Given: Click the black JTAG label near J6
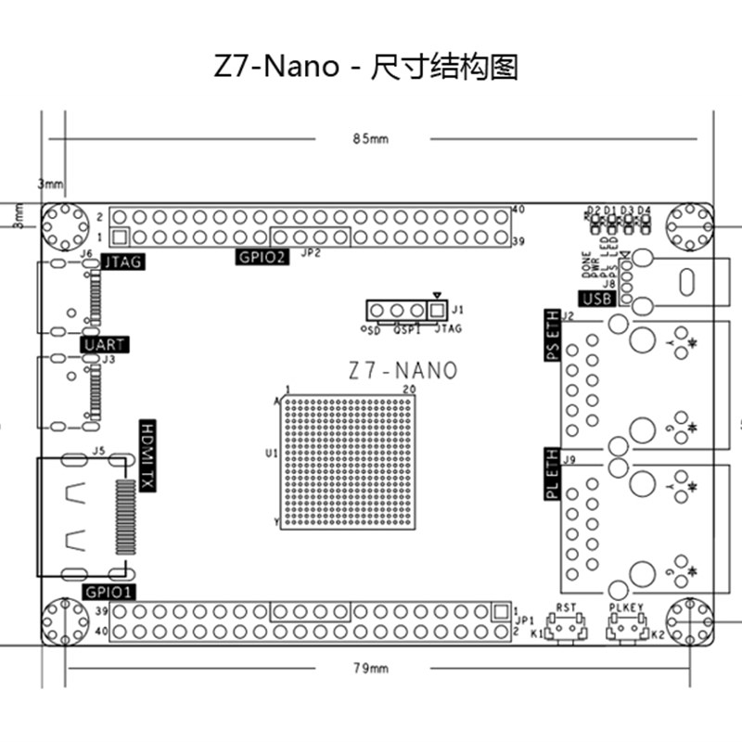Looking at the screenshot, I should (123, 262).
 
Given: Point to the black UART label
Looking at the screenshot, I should (103, 345).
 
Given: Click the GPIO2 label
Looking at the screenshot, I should (262, 257).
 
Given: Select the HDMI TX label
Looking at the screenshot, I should (147, 455).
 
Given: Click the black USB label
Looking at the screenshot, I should (596, 299).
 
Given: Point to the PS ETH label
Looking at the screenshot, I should (551, 337).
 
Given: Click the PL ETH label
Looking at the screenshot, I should (551, 475).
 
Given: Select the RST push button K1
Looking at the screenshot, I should (566, 629).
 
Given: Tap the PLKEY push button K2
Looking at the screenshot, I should (627, 629).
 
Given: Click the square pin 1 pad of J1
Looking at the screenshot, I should (437, 310).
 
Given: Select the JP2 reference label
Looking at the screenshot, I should (312, 252).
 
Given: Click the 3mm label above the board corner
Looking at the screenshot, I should (50, 184).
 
